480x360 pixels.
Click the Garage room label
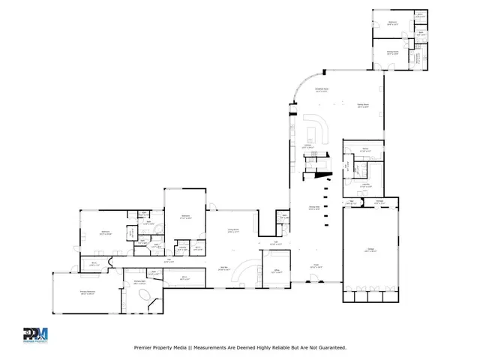click(x=370, y=250)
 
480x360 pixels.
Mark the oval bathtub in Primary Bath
click(x=141, y=298)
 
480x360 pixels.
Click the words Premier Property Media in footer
click(x=160, y=347)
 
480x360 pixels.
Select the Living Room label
click(x=234, y=232)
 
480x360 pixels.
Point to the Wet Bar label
click(x=223, y=268)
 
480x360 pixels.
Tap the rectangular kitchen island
click(x=311, y=136)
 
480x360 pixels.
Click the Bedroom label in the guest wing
click(x=393, y=23)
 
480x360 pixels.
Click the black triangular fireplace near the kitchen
click(x=322, y=175)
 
